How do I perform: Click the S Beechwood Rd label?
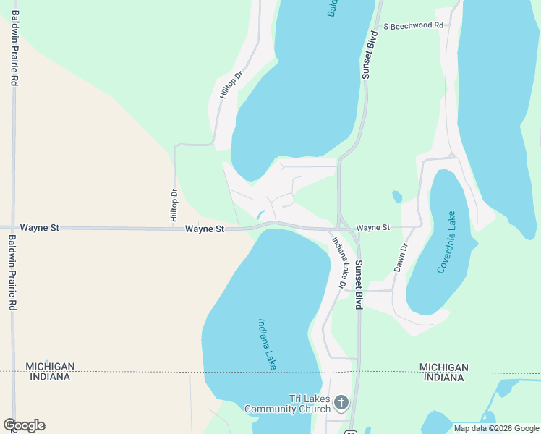[x=413, y=25]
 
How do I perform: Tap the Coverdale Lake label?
[x=448, y=242]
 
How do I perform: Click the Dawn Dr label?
[x=401, y=257]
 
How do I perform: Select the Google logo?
[x=24, y=425]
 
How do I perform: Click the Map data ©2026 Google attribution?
[x=496, y=428]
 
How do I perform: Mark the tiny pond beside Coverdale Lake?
[x=397, y=196]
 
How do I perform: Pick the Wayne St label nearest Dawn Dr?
[x=373, y=227]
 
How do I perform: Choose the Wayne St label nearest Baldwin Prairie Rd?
[x=39, y=227]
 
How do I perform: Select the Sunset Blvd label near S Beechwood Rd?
[x=370, y=55]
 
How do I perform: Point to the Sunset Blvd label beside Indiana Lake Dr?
[x=357, y=285]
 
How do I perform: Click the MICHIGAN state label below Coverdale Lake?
[x=443, y=367]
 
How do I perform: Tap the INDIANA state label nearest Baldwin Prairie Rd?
[x=48, y=377]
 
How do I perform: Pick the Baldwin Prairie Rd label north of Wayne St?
[x=14, y=53]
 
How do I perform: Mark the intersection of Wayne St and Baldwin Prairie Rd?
[x=12, y=227]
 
